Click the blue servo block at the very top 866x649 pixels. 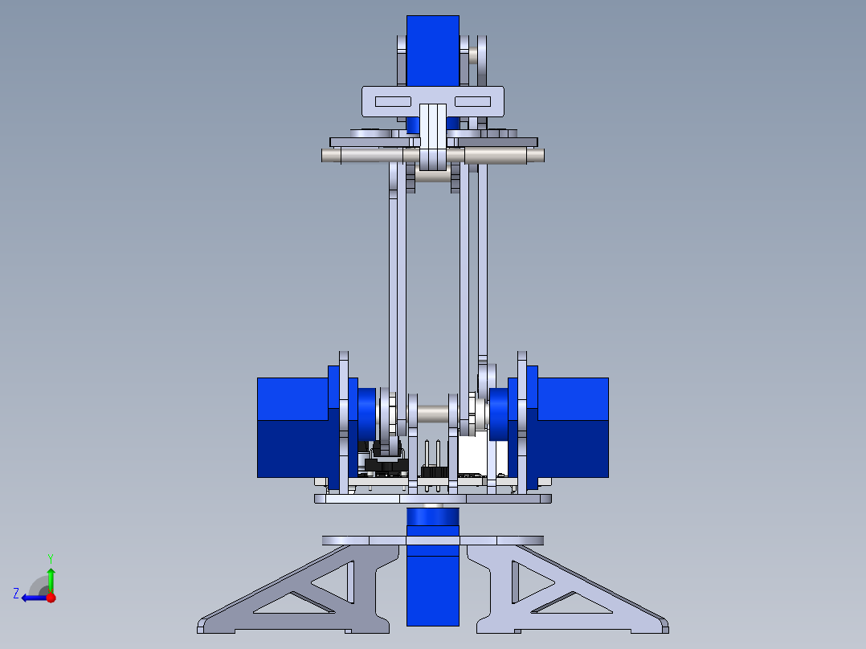click(x=432, y=48)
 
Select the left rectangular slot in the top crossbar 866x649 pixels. click(x=394, y=102)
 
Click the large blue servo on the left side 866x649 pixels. click(x=292, y=427)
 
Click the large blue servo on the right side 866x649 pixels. click(x=572, y=427)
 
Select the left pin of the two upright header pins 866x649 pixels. click(x=427, y=455)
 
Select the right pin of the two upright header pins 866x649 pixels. click(x=439, y=455)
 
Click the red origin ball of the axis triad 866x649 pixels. click(x=51, y=598)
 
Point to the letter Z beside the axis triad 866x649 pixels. click(x=16, y=593)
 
